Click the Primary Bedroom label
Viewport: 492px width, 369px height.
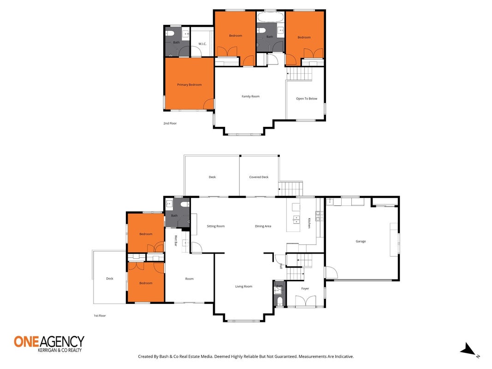pos(189,85)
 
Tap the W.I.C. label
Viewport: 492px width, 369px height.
pos(202,44)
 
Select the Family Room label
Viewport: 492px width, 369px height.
pos(251,96)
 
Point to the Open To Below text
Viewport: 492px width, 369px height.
pos(307,99)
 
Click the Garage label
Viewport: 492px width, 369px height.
pos(361,241)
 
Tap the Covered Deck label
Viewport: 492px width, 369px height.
pos(259,177)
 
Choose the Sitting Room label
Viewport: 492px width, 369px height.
pos(215,226)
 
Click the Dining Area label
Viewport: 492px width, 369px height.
pos(263,226)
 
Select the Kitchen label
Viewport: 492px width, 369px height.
pos(309,223)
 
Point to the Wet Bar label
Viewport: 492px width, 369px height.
pos(176,241)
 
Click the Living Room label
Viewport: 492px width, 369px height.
pos(244,286)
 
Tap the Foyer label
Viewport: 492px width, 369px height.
pos(305,289)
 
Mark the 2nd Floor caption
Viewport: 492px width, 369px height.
pos(170,123)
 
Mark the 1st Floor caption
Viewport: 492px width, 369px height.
pos(100,315)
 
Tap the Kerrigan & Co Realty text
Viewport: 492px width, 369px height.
pos(59,350)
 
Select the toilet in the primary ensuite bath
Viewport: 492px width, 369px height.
pos(170,33)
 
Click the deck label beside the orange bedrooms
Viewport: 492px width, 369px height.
pos(109,279)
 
